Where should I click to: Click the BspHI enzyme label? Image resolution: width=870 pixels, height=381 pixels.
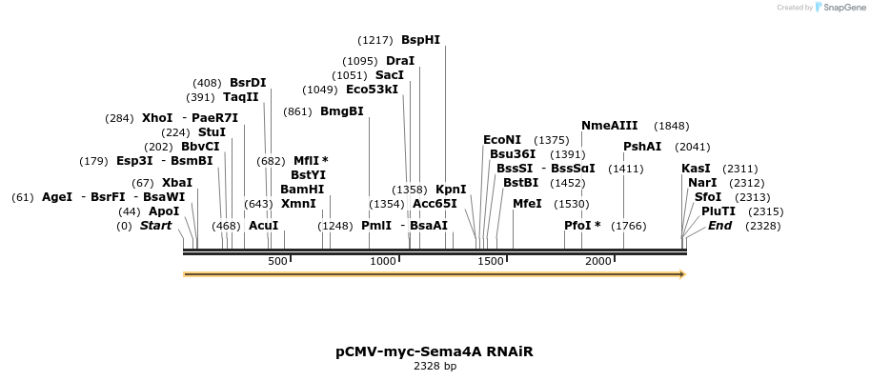point(420,40)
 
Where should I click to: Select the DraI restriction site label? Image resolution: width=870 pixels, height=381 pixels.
point(400,61)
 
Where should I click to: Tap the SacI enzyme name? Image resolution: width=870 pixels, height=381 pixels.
point(390,75)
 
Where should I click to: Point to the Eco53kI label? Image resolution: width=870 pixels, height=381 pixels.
point(372,90)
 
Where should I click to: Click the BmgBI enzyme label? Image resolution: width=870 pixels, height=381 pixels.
point(342,111)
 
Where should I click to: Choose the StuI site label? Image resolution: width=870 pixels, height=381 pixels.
point(212,132)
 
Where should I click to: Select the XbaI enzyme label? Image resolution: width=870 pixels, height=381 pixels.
point(176,183)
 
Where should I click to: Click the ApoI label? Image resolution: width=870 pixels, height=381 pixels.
point(164,211)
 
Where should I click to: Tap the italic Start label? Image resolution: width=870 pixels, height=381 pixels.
point(156,226)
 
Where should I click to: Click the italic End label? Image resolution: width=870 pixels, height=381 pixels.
point(719,226)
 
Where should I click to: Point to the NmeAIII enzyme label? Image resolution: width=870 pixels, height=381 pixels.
point(610,126)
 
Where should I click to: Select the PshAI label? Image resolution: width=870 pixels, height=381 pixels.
point(642,147)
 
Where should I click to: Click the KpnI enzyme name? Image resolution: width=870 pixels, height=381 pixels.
point(451,190)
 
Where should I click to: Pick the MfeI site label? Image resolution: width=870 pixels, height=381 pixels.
point(527,204)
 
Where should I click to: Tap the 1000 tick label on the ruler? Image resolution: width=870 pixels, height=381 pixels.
point(383,261)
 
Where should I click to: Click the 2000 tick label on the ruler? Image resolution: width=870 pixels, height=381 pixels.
point(597,261)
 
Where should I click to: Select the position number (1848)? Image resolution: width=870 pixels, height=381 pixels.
point(671,126)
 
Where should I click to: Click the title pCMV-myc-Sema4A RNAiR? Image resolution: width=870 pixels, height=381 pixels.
point(434,351)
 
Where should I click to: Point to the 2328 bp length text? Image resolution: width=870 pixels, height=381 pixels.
point(435,366)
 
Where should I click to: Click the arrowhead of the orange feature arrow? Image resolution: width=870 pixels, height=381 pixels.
point(680,274)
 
